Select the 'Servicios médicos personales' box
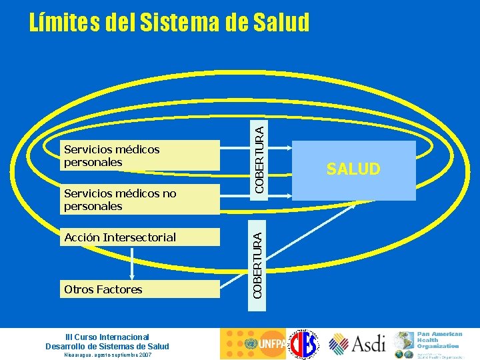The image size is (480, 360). point(140,155)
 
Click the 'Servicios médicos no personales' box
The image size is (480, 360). point(140,199)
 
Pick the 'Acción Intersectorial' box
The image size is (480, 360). point(140,237)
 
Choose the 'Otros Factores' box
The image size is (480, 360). point(140,289)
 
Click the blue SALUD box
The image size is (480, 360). point(353,170)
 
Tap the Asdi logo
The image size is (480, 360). point(357,344)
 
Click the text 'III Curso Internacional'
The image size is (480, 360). point(107,337)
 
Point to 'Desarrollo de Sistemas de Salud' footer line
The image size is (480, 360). point(107,346)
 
